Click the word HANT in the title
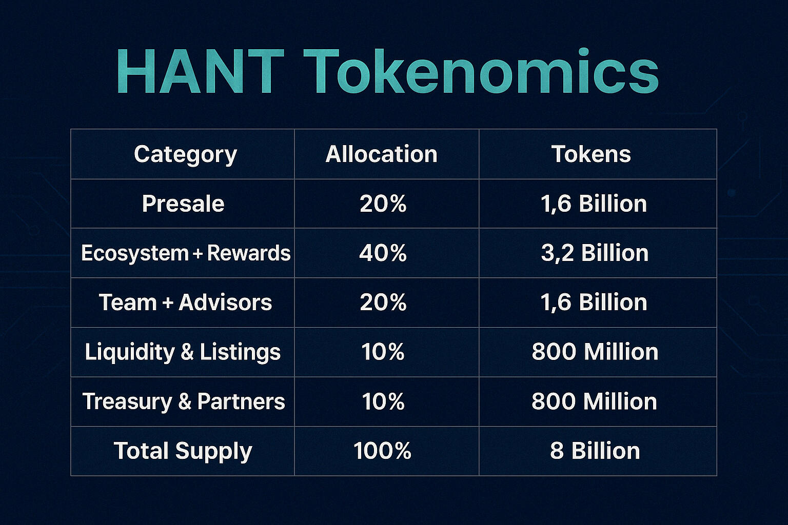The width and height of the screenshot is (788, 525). pos(200,71)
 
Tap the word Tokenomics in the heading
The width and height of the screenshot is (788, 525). pos(481,71)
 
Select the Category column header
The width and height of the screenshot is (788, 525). pos(185,154)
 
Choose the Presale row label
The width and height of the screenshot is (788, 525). pos(183,204)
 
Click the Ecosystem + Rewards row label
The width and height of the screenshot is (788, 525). pos(186,253)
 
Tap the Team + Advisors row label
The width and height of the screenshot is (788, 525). pos(185,302)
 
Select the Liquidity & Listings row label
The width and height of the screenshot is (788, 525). pos(183,352)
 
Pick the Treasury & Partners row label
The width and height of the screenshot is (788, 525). pos(184,401)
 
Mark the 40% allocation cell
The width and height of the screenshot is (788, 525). pos(383,253)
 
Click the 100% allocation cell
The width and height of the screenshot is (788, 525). pos(382,451)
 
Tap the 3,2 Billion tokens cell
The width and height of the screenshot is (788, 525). pos(595,253)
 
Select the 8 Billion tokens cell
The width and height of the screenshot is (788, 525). pos(595,451)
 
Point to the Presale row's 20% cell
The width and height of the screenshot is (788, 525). pos(383,204)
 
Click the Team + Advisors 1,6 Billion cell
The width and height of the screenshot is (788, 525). pos(594,302)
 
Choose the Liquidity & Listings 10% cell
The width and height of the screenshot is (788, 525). pos(383,352)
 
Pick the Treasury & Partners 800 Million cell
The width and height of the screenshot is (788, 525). pos(594,401)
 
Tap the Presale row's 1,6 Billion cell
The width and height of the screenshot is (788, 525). pos(594,204)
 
